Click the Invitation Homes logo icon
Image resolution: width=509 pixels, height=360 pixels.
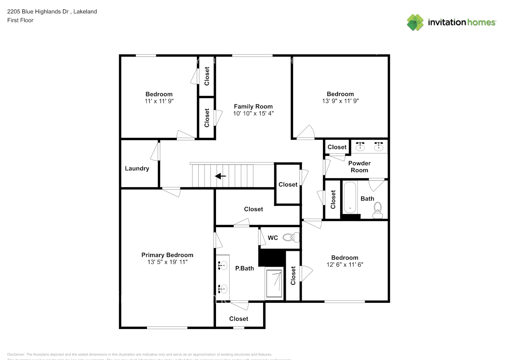pyautogui.click(x=415, y=22)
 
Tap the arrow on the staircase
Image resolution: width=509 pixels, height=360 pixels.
pyautogui.click(x=220, y=176)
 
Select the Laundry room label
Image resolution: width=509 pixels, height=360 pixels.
pyautogui.click(x=137, y=168)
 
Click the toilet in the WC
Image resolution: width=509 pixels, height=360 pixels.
pyautogui.click(x=291, y=238)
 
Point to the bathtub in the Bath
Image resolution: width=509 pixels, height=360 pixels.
pyautogui.click(x=350, y=198)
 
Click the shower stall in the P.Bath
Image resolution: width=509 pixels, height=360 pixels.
pyautogui.click(x=274, y=283)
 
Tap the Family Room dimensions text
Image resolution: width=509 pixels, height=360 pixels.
pyautogui.click(x=253, y=113)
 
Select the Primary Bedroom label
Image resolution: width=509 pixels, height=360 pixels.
pyautogui.click(x=167, y=255)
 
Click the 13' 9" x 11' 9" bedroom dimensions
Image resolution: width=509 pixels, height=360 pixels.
pyautogui.click(x=340, y=101)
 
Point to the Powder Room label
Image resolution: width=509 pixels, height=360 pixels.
pyautogui.click(x=359, y=167)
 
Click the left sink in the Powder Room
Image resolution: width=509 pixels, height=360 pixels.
pyautogui.click(x=360, y=146)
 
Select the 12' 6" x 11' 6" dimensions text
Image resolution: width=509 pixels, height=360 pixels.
pyautogui.click(x=344, y=265)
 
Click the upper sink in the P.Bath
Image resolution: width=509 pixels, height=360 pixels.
pyautogui.click(x=223, y=266)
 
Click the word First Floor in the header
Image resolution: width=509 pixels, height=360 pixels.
pyautogui.click(x=20, y=20)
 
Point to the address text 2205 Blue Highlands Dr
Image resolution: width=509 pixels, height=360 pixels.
pyautogui.click(x=38, y=12)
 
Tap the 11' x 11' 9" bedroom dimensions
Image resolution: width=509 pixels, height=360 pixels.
pyautogui.click(x=159, y=101)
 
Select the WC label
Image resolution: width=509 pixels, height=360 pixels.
pyautogui.click(x=272, y=238)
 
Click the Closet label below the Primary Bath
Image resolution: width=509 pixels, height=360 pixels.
pyautogui.click(x=239, y=319)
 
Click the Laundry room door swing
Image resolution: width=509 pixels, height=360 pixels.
pyautogui.click(x=155, y=152)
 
